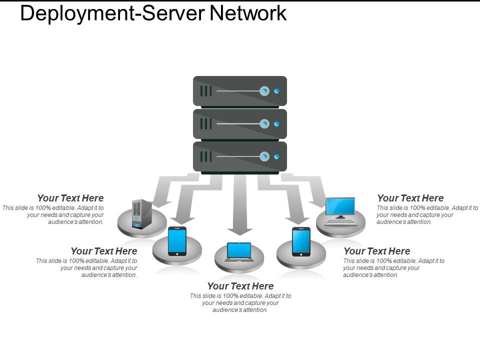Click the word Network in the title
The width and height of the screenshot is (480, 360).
click(x=248, y=13)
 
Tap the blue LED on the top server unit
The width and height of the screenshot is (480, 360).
click(x=276, y=91)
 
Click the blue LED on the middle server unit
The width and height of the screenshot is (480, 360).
click(x=276, y=124)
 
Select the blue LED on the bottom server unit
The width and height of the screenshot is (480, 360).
click(x=276, y=156)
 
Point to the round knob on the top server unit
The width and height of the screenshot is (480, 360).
click(x=264, y=91)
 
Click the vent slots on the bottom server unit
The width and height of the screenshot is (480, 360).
click(x=206, y=156)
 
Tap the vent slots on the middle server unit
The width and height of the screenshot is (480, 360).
click(x=206, y=124)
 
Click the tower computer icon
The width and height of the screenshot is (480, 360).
click(x=141, y=214)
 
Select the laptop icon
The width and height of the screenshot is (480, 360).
click(x=239, y=251)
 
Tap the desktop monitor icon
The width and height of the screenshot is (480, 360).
click(x=340, y=206)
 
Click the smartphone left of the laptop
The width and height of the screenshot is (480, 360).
click(x=177, y=241)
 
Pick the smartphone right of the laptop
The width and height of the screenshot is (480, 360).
click(x=301, y=241)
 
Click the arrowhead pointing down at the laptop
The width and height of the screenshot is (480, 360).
click(x=240, y=230)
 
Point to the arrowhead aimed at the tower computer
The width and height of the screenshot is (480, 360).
click(x=160, y=203)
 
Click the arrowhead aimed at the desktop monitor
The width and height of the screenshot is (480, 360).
click(x=317, y=203)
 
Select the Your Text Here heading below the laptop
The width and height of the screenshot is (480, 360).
click(x=240, y=286)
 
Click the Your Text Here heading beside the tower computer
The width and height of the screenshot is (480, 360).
click(x=70, y=198)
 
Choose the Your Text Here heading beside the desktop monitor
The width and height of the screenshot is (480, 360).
click(x=410, y=198)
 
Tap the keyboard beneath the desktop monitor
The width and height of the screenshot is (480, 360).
click(x=341, y=222)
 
